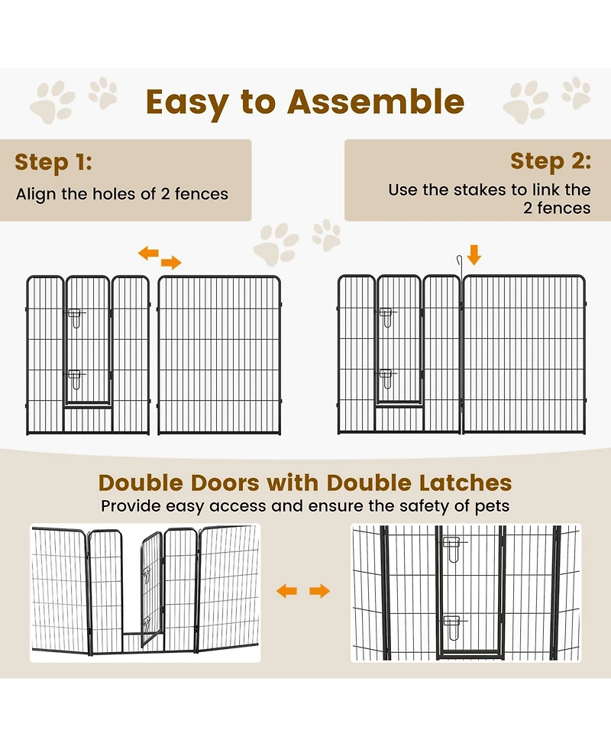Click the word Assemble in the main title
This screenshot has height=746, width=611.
tap(376, 102)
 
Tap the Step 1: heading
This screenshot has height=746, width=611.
tap(53, 162)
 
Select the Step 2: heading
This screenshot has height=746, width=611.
tap(551, 161)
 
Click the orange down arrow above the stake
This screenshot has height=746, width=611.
tap(474, 255)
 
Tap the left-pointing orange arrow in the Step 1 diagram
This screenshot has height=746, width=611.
tap(148, 253)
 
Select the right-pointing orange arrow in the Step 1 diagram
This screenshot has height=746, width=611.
tap(171, 262)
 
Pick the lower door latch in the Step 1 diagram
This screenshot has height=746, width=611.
tap(75, 379)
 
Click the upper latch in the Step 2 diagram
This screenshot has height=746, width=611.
tap(387, 318)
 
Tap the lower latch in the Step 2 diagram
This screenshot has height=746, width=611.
tap(387, 379)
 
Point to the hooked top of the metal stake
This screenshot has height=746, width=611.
tap(459, 260)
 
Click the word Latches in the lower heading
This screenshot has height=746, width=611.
tap(465, 483)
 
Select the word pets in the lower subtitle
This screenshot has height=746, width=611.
tap(492, 506)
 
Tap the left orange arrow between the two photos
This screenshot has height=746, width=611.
tap(286, 591)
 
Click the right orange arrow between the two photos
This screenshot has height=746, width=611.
tap(320, 591)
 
